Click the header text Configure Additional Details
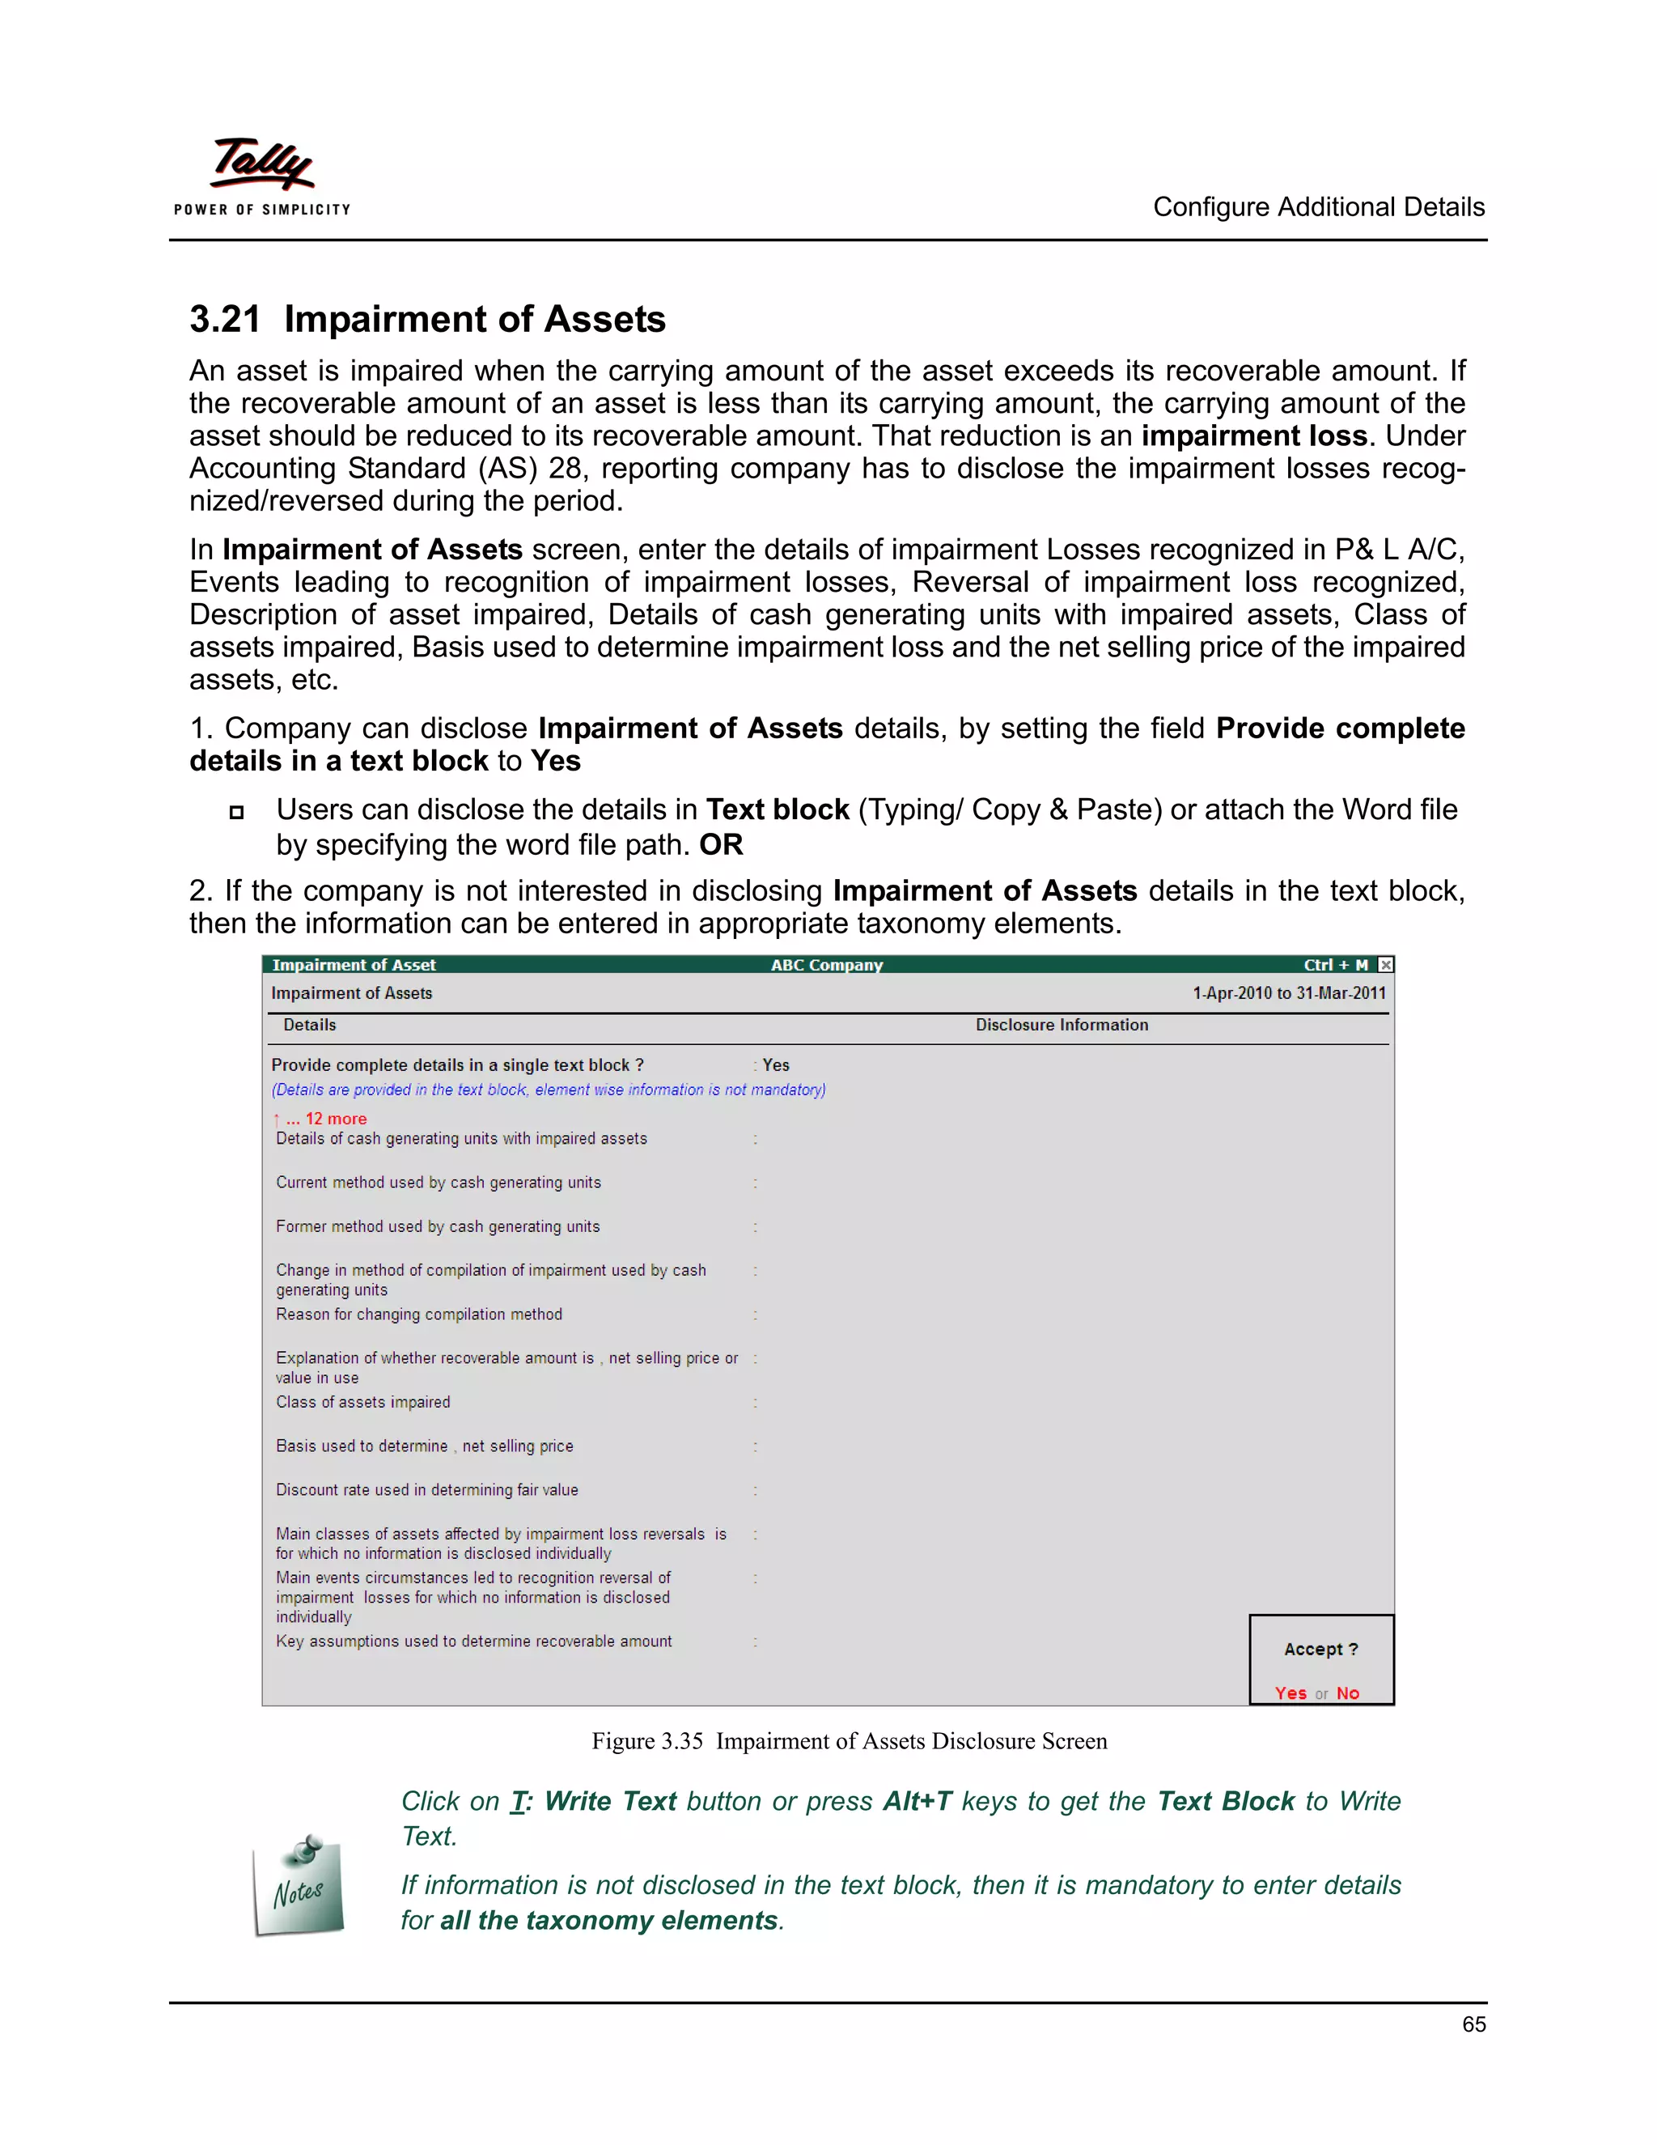coord(1318,207)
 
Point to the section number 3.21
coord(225,319)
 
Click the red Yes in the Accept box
coord(1290,1693)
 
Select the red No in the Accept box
coord(1348,1693)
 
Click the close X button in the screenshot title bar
coord(1385,965)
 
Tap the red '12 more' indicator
coord(335,1119)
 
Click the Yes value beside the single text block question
coord(775,1064)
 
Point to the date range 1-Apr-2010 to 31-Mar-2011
coord(1289,993)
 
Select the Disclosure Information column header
coord(1062,1025)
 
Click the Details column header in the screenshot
coord(309,1025)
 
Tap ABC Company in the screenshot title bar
coord(827,965)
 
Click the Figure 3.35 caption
coord(849,1740)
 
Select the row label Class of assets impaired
coord(363,1401)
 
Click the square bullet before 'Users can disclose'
coord(236,811)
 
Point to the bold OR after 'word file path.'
coord(721,844)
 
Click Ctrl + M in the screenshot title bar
coord(1335,965)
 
